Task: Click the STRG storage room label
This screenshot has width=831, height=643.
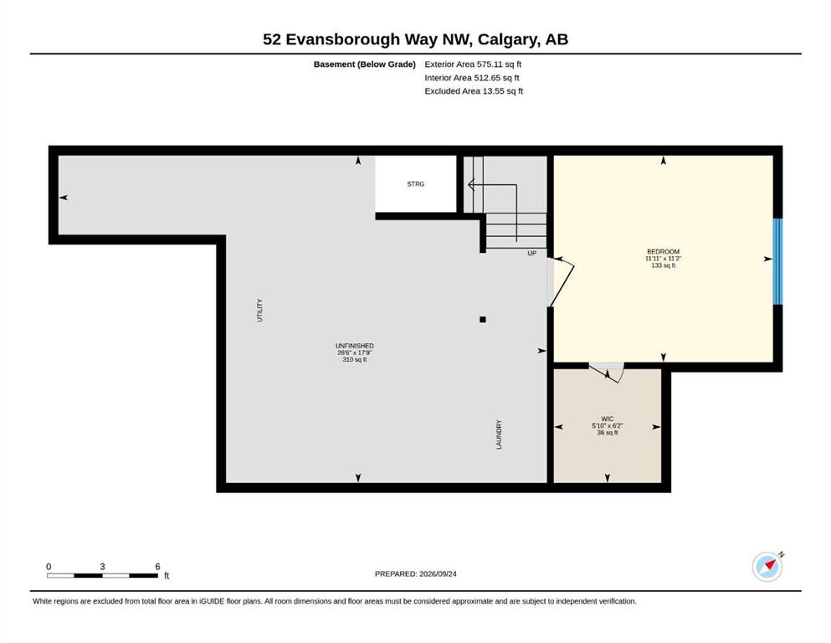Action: [x=415, y=184]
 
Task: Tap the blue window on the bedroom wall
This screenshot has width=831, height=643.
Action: [x=777, y=261]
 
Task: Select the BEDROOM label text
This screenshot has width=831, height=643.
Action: [x=663, y=252]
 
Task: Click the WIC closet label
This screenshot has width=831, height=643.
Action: [x=608, y=419]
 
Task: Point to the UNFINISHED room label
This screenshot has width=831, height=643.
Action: [x=355, y=346]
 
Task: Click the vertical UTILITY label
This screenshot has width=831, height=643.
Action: [x=259, y=310]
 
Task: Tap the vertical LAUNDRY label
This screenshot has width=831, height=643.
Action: [x=499, y=435]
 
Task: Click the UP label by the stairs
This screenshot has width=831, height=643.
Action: [x=532, y=254]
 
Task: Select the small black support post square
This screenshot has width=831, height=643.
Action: [x=483, y=319]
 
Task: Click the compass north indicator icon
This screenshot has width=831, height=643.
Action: [x=767, y=567]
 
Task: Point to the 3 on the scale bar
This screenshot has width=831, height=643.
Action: [x=102, y=566]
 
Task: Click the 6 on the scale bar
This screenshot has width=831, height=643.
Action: [x=157, y=566]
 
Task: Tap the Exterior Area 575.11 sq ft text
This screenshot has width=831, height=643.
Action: [x=473, y=64]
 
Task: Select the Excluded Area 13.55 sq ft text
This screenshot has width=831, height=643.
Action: [x=474, y=90]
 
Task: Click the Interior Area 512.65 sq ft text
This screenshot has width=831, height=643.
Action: [x=472, y=77]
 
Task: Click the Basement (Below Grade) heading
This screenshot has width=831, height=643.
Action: [x=365, y=64]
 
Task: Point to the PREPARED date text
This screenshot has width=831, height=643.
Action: [x=415, y=574]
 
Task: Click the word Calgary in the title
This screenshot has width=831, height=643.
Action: [x=505, y=39]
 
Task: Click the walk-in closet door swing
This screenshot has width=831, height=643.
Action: [x=607, y=372]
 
